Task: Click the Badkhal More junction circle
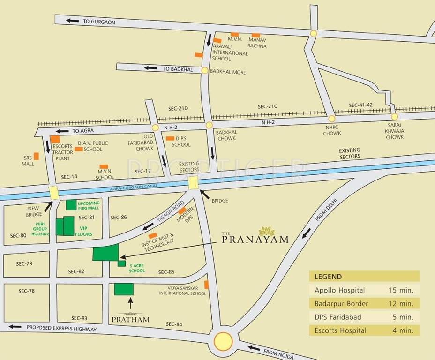coord(204,70)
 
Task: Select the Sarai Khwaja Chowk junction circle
coord(394,116)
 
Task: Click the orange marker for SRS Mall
coord(36,156)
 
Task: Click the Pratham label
coord(131,319)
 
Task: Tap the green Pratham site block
coord(124,289)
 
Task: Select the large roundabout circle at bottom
coord(223,341)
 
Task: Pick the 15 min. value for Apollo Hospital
coord(401,290)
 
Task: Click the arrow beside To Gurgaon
coord(72,21)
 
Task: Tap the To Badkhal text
coord(178,69)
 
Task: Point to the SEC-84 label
coord(173,324)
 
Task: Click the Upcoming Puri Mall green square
coord(71,205)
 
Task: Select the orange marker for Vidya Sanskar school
coord(206,285)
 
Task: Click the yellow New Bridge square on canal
coord(53,192)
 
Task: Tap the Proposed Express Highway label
coord(61,329)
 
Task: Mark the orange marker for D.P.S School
coord(170,139)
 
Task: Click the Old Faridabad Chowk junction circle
coord(155,127)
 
